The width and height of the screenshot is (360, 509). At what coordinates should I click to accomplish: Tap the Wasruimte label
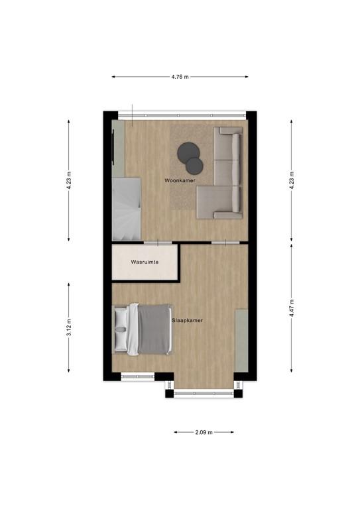tap(145, 263)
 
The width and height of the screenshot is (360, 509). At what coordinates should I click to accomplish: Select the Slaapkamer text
tap(187, 320)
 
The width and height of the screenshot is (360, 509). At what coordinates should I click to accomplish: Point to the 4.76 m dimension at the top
tap(180, 77)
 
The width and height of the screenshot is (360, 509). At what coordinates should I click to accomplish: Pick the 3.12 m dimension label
tap(69, 326)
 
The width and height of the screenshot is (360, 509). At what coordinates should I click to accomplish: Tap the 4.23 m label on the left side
tap(69, 180)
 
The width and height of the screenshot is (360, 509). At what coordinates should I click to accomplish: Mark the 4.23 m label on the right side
tap(292, 180)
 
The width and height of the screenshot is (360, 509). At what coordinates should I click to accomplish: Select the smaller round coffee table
tap(194, 164)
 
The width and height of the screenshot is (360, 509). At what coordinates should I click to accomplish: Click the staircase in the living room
tap(126, 208)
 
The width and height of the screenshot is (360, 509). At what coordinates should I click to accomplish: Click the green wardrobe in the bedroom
tap(242, 341)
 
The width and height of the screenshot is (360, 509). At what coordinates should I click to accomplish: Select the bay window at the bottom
tap(204, 393)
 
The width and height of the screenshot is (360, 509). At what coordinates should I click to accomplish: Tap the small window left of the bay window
tap(137, 377)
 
